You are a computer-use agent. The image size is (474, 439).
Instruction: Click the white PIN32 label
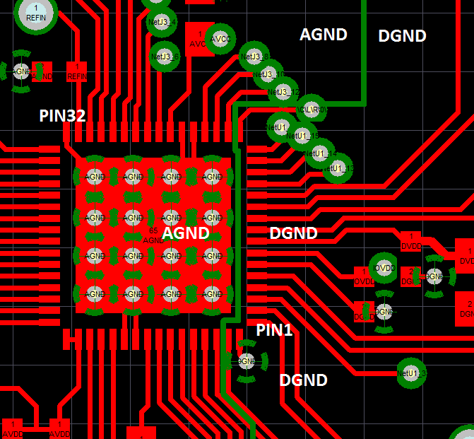pyautogui.click(x=63, y=116)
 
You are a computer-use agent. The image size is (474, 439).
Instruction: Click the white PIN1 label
pyautogui.click(x=274, y=329)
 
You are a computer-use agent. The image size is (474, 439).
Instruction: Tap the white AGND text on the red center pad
pyautogui.click(x=186, y=233)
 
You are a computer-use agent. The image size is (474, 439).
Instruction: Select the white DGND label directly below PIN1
pyautogui.click(x=303, y=380)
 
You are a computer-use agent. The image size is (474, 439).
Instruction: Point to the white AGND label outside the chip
pyautogui.click(x=324, y=34)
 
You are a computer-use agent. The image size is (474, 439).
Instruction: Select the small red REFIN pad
pyautogui.click(x=77, y=71)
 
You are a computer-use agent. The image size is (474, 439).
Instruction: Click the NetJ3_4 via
pyautogui.click(x=163, y=21)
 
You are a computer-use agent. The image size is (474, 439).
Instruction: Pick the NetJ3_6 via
pyautogui.click(x=165, y=56)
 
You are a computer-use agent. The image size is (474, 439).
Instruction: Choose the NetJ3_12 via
pyautogui.click(x=281, y=92)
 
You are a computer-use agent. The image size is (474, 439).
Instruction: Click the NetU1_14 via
pyautogui.click(x=320, y=153)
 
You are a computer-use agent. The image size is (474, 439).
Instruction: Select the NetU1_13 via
pyautogui.click(x=338, y=168)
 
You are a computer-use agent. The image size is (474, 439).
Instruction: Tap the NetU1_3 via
pyautogui.click(x=411, y=373)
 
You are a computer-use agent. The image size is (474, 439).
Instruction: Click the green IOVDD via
pyautogui.click(x=384, y=268)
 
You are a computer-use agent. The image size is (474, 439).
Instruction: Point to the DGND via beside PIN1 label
pyautogui.click(x=246, y=362)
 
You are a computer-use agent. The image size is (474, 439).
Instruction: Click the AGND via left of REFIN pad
pyautogui.click(x=21, y=71)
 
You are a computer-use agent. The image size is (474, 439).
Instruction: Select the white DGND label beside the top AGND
pyautogui.click(x=402, y=35)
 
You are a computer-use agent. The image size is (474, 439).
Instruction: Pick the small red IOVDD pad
pyautogui.click(x=364, y=276)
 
